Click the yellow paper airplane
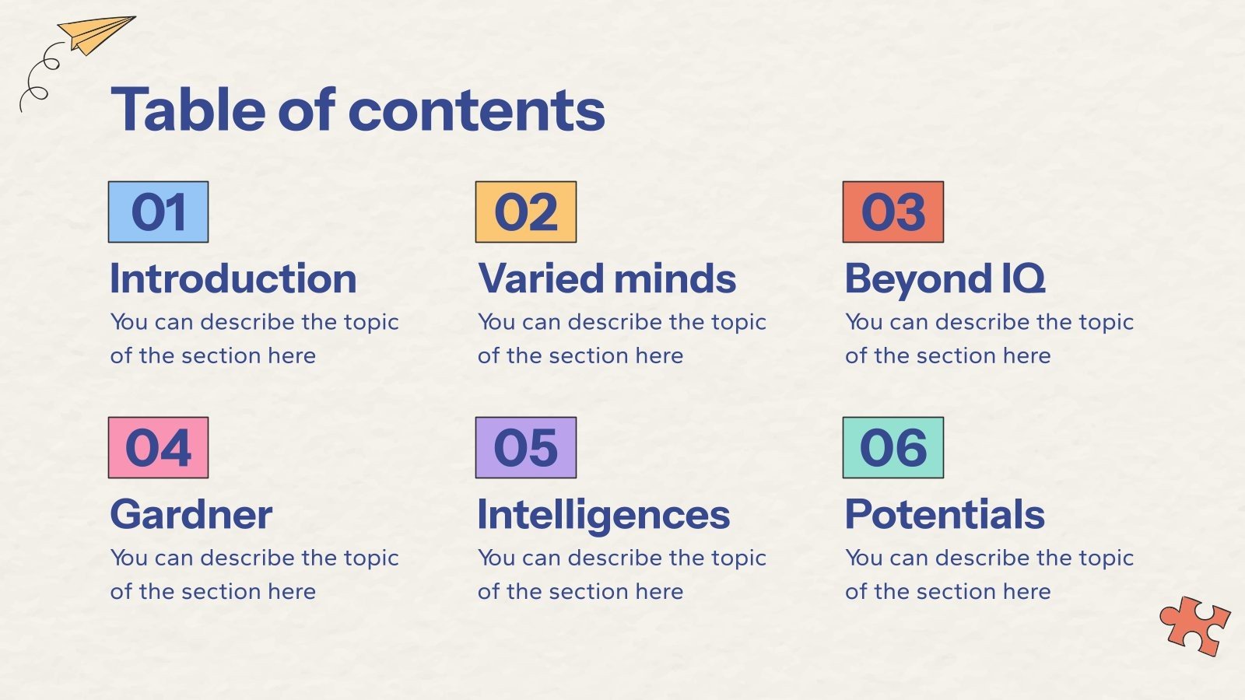click(95, 35)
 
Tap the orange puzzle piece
click(1194, 625)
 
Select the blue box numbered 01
click(159, 212)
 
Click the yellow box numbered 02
click(526, 212)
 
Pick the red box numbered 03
click(893, 212)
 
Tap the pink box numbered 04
click(159, 448)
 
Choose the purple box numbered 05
click(526, 448)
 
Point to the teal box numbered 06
click(893, 448)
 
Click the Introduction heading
click(233, 278)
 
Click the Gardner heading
click(191, 515)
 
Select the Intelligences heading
click(604, 515)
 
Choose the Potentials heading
click(945, 515)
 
